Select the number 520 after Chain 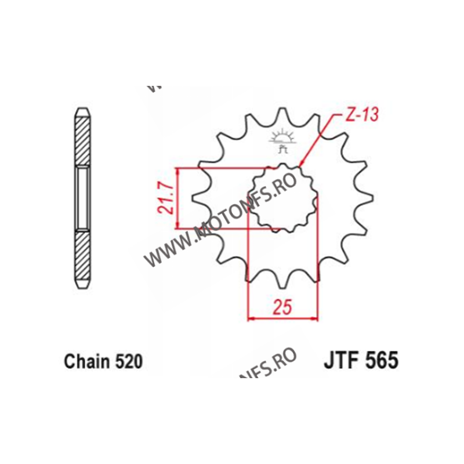(127, 362)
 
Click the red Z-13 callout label (361, 115)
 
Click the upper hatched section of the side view (82, 142)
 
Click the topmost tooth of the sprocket (282, 113)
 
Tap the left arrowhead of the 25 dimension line (251, 318)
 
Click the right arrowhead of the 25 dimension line (316, 318)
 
